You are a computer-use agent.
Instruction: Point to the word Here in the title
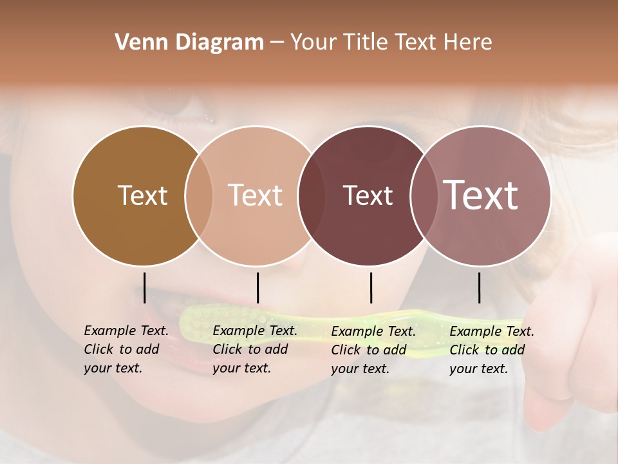tap(468, 43)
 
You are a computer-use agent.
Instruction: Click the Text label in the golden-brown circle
tap(142, 195)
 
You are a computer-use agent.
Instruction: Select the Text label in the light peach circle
tap(255, 195)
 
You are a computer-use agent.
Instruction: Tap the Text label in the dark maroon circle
tap(368, 195)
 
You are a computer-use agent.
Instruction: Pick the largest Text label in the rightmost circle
tap(481, 195)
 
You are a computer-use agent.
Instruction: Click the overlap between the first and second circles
tap(199, 196)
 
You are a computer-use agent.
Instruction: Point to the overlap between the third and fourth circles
tap(423, 196)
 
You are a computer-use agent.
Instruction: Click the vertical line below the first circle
tap(145, 287)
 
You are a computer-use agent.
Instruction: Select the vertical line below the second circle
tap(257, 287)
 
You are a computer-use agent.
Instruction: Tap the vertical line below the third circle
tap(371, 287)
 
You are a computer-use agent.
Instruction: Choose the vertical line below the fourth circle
tap(480, 287)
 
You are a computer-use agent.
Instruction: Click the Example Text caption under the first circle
tap(126, 349)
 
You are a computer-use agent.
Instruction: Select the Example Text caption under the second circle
tap(255, 349)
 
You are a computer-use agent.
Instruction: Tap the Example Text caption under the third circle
tap(373, 350)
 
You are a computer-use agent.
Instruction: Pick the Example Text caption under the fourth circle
tap(492, 350)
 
